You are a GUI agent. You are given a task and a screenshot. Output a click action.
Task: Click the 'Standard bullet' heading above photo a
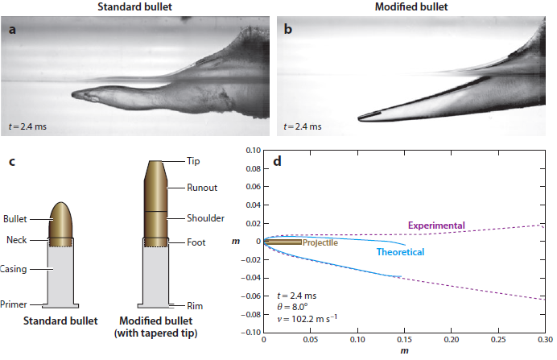[134, 6]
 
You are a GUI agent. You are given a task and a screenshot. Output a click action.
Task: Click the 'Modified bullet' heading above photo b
[411, 6]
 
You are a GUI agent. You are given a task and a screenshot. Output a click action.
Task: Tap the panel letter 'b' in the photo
[287, 29]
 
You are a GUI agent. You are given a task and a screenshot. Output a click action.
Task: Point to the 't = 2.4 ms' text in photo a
[27, 126]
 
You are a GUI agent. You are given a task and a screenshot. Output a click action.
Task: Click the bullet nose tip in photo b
[359, 118]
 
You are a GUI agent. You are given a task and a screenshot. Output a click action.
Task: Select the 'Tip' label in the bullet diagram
[193, 161]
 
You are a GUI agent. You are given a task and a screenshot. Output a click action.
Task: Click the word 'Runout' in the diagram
[202, 188]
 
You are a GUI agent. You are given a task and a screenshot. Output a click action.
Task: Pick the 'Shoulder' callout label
[206, 218]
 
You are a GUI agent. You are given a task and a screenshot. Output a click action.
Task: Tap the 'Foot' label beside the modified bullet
[196, 242]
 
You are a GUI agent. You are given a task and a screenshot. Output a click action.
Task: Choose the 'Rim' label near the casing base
[195, 306]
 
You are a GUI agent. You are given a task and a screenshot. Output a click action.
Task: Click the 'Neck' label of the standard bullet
[17, 240]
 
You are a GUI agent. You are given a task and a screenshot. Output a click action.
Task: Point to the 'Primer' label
[14, 304]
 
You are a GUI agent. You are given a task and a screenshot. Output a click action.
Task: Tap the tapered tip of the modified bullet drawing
[155, 170]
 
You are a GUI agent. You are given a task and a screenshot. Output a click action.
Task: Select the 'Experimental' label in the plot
[436, 226]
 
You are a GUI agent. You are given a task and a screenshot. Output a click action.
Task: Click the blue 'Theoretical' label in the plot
[400, 252]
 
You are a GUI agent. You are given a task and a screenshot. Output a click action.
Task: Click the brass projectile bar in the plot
[283, 242]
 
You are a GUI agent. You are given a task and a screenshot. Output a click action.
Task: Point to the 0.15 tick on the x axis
[404, 340]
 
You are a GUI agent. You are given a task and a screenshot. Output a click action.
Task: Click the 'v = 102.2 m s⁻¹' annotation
[307, 318]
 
